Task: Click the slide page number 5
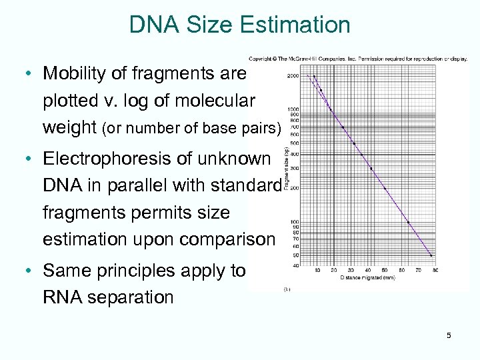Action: (x=449, y=335)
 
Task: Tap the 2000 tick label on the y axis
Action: (x=293, y=76)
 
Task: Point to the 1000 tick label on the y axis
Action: (x=293, y=109)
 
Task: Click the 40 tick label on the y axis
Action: (x=295, y=266)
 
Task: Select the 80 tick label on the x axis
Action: (x=435, y=271)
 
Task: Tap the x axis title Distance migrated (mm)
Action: (x=368, y=277)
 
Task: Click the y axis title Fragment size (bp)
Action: (x=286, y=171)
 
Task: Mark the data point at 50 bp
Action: (x=431, y=255)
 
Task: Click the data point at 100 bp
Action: (x=408, y=222)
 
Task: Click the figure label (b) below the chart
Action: (x=287, y=289)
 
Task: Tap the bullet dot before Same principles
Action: (x=29, y=271)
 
